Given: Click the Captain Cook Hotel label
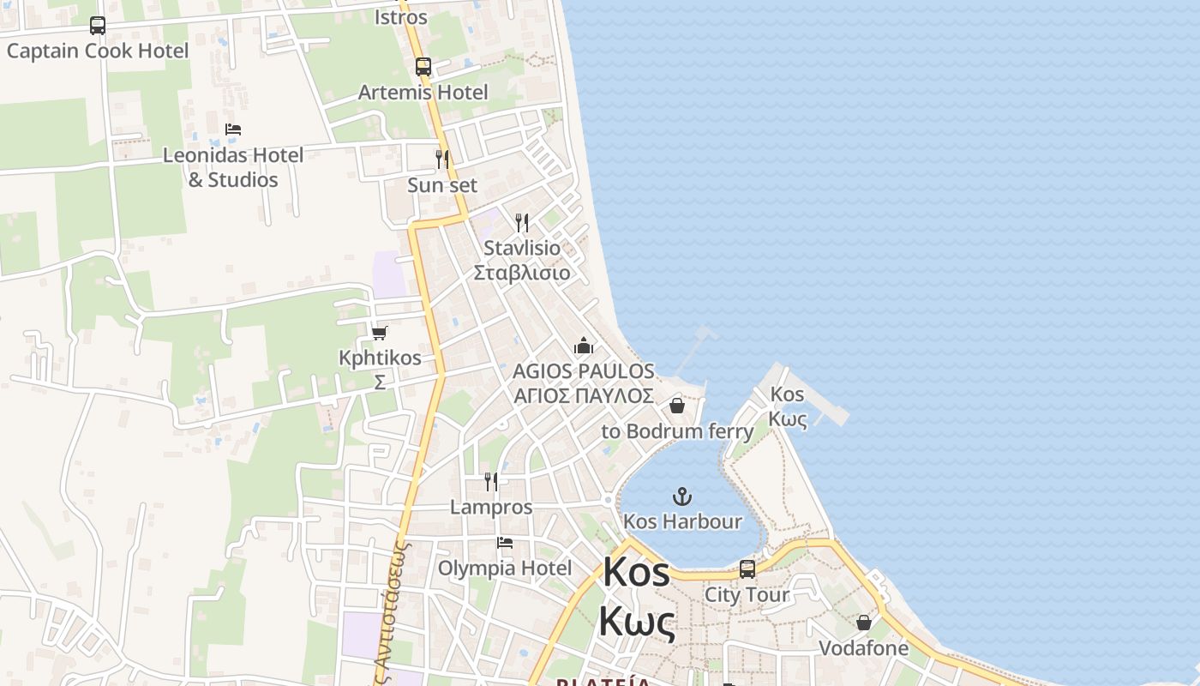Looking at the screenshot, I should pos(98,51).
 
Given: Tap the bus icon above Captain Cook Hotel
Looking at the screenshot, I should pos(98,26).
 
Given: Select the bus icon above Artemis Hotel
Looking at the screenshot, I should pos(423,67).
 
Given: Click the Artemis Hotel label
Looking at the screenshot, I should pos(423,92).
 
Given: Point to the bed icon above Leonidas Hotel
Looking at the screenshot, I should pos(233,129).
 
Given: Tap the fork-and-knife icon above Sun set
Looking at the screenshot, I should pos(442,159).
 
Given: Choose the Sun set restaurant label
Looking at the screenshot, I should pos(442,185).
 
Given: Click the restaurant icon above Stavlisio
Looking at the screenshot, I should pos(522,223).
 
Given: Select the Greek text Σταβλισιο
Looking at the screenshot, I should pos(522,273).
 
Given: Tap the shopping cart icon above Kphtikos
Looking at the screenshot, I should pos(380,333).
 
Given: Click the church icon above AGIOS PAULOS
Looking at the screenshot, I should pos(584,346).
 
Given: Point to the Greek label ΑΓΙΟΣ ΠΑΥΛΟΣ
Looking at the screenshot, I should pos(584,395).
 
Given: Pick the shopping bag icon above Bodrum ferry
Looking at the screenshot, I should pos(677,406).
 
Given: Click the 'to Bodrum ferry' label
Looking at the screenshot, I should pos(677,430).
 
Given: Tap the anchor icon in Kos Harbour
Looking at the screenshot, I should pos(682,496).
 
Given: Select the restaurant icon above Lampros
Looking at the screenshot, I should pos(491,481).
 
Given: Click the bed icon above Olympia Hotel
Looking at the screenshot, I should pos(505,543).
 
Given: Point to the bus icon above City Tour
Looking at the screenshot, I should pos(747,569).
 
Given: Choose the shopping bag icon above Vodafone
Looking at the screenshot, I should pos(864,623).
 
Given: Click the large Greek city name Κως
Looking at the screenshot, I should pos(636,621).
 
